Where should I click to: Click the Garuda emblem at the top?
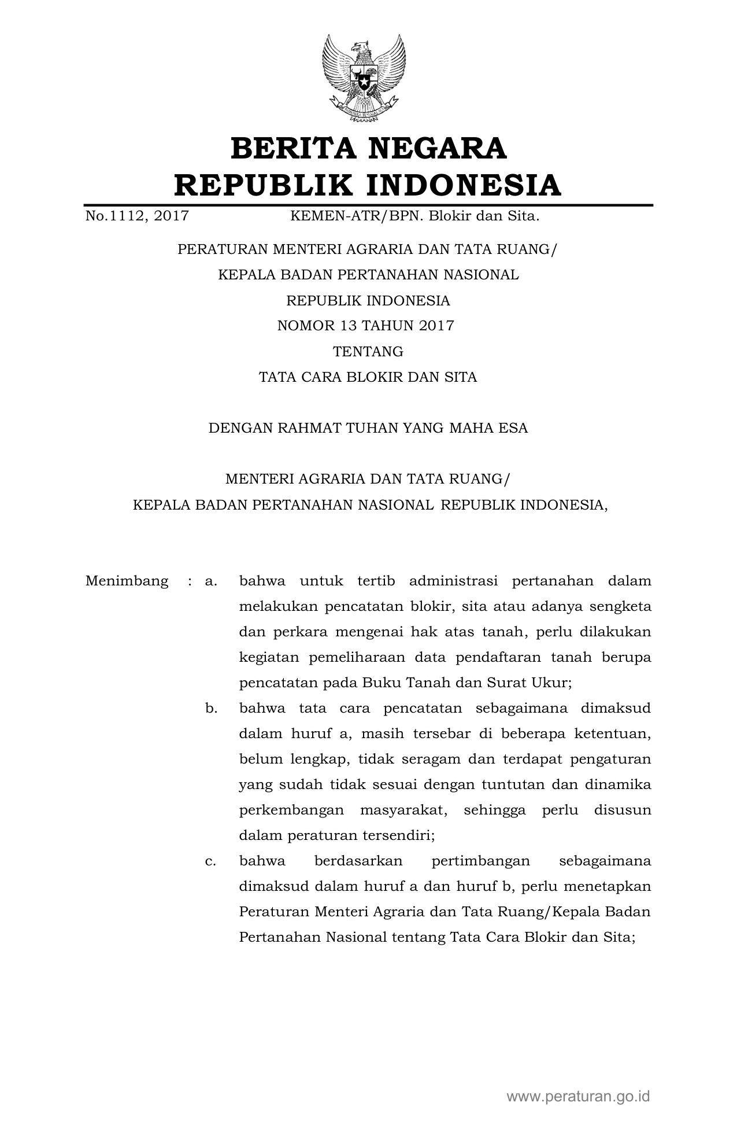(x=364, y=78)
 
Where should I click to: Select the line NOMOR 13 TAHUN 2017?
(x=365, y=326)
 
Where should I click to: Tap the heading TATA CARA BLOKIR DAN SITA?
(x=368, y=377)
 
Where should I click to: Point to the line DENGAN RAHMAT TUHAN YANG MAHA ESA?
(x=368, y=428)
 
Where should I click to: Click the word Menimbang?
(x=127, y=581)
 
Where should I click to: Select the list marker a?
(x=210, y=581)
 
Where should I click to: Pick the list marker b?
(x=210, y=708)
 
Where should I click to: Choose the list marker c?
(x=210, y=861)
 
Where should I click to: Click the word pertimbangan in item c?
(x=480, y=861)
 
